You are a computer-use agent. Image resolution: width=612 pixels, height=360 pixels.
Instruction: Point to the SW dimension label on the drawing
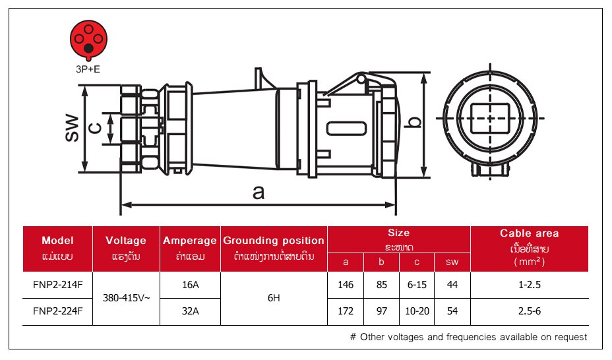[72, 128]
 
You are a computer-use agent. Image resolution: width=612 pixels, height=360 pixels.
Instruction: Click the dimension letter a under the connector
[258, 192]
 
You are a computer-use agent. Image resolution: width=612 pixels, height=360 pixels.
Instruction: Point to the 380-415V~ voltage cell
[126, 298]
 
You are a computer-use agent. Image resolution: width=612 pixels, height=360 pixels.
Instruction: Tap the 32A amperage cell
[190, 311]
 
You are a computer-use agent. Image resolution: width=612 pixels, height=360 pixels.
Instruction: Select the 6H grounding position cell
[274, 298]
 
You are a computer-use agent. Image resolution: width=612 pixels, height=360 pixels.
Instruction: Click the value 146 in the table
[346, 285]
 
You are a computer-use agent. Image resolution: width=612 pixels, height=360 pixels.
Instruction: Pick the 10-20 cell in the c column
[417, 311]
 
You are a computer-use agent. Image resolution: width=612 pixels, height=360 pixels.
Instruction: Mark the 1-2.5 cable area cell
[529, 285]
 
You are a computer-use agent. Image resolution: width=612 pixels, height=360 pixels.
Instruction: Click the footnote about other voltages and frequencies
[468, 337]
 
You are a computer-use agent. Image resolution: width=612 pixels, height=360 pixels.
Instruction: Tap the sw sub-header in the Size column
[452, 262]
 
